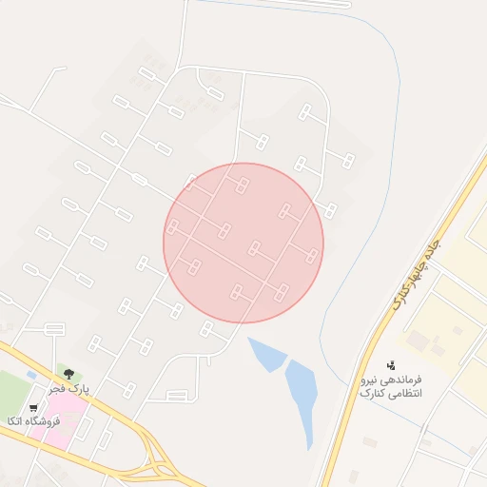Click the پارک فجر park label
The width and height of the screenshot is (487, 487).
pyautogui.click(x=69, y=388)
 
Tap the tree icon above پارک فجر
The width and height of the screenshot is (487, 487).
pyautogui.click(x=68, y=374)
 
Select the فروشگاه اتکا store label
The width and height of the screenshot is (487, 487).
pyautogui.click(x=32, y=420)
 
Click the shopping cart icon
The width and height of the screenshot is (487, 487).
pyautogui.click(x=34, y=407)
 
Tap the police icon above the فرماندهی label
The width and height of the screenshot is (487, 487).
pyautogui.click(x=390, y=364)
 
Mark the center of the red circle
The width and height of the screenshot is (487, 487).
pyautogui.click(x=243, y=243)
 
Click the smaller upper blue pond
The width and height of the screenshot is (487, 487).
pyautogui.click(x=266, y=353)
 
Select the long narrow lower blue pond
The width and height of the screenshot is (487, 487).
pyautogui.click(x=302, y=395)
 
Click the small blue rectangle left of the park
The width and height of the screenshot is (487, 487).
pyautogui.click(x=31, y=375)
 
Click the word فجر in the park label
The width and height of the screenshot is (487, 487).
pyautogui.click(x=59, y=388)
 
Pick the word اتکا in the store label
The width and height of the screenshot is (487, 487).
pyautogui.click(x=16, y=420)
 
